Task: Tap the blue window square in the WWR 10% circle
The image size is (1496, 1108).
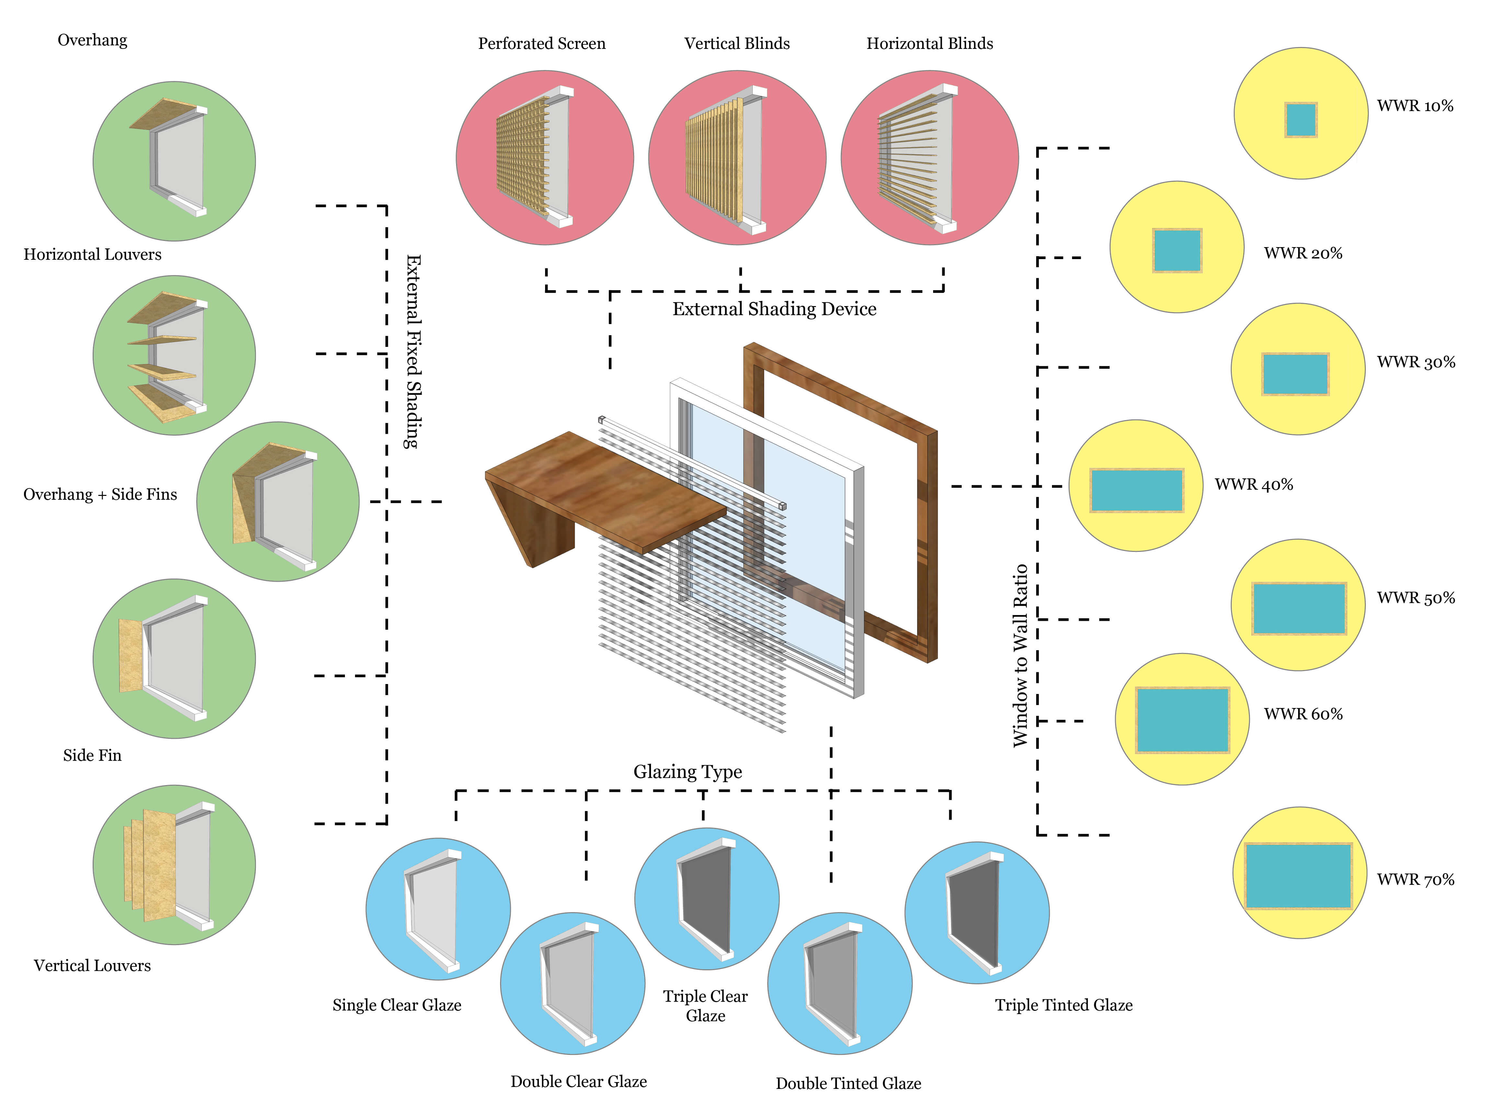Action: pyautogui.click(x=1301, y=120)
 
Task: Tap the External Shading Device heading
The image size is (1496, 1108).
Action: pyautogui.click(x=774, y=309)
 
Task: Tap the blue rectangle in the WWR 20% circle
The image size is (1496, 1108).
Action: pyautogui.click(x=1178, y=250)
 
